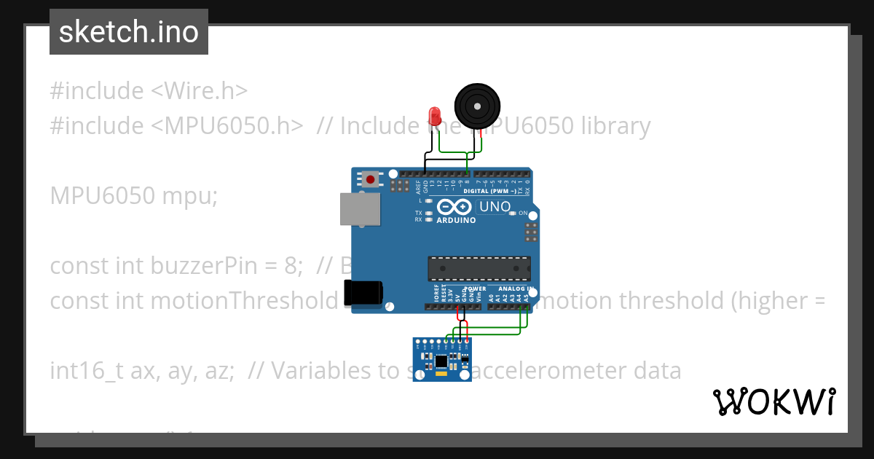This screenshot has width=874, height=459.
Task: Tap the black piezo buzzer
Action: pos(478,106)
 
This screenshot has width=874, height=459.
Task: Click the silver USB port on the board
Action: pos(359,208)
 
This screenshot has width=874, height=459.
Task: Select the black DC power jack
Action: pos(363,291)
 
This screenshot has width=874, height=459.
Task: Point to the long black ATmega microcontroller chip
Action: pos(479,268)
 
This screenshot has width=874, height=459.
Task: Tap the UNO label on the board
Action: pos(495,207)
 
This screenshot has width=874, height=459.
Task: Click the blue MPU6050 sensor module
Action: pos(442,359)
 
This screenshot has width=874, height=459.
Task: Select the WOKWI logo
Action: pos(773,401)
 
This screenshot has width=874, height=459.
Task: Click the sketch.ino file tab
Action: pos(129,32)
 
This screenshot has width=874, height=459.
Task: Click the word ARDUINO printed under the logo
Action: pos(457,220)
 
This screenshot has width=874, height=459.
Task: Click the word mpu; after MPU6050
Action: pos(194,196)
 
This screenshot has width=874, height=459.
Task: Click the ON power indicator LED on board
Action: pos(513,213)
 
